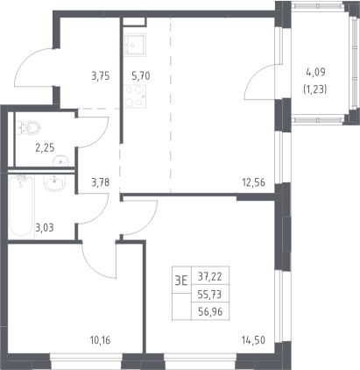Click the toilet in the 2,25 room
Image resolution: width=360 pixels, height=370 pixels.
pos(28,128)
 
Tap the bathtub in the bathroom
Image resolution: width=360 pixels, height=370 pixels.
pos(20,205)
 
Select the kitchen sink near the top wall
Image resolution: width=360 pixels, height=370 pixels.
pos(135,45)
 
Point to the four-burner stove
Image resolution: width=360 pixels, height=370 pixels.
pos(135,96)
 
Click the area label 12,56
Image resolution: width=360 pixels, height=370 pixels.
pos(253,182)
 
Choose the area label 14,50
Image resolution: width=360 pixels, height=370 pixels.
pos(253,340)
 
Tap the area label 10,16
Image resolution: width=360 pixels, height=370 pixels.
pos(100,340)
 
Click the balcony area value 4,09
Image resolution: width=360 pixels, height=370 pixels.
pos(315,72)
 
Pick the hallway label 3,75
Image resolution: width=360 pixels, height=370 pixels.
pos(101,76)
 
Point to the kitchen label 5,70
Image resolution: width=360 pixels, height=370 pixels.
pos(141,76)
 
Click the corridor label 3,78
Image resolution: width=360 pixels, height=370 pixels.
pos(101,182)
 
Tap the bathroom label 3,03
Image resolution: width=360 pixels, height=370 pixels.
pos(45,227)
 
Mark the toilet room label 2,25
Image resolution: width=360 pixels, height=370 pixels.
pos(45,148)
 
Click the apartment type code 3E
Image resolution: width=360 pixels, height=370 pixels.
pos(181,281)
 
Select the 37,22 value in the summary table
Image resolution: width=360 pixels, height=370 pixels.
pos(210,276)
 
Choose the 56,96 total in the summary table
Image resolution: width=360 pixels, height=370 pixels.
pos(210,312)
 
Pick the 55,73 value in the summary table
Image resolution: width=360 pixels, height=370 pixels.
pos(210,295)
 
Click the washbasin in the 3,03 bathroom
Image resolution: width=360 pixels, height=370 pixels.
pos(56,183)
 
